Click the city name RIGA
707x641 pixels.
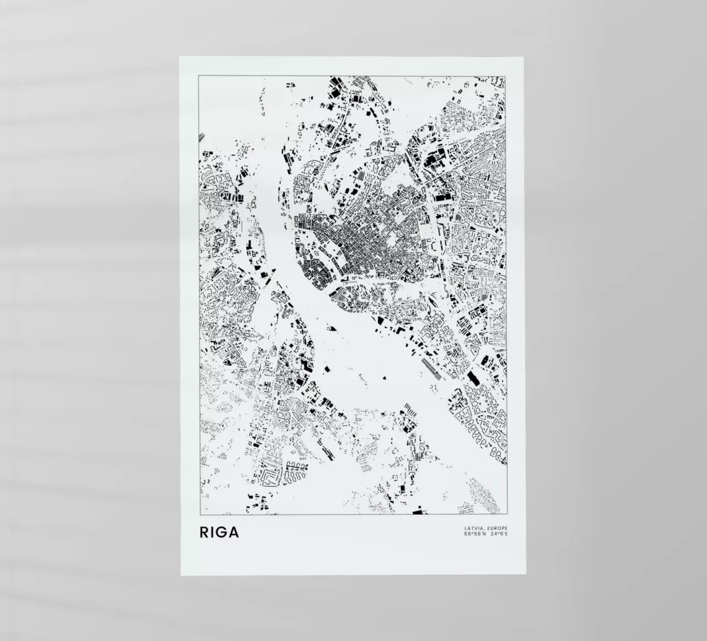tap(219, 533)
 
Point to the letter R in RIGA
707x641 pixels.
tap(204, 533)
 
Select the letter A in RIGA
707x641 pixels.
tap(234, 533)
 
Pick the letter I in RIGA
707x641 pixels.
tap(213, 533)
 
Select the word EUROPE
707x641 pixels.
tap(495, 528)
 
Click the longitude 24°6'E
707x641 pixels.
tap(498, 534)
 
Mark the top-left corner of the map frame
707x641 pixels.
tap(198, 75)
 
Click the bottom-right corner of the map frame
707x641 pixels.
tap(506, 514)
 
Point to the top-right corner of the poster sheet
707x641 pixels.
tap(525, 56)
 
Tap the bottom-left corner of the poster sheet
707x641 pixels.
tap(181, 575)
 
